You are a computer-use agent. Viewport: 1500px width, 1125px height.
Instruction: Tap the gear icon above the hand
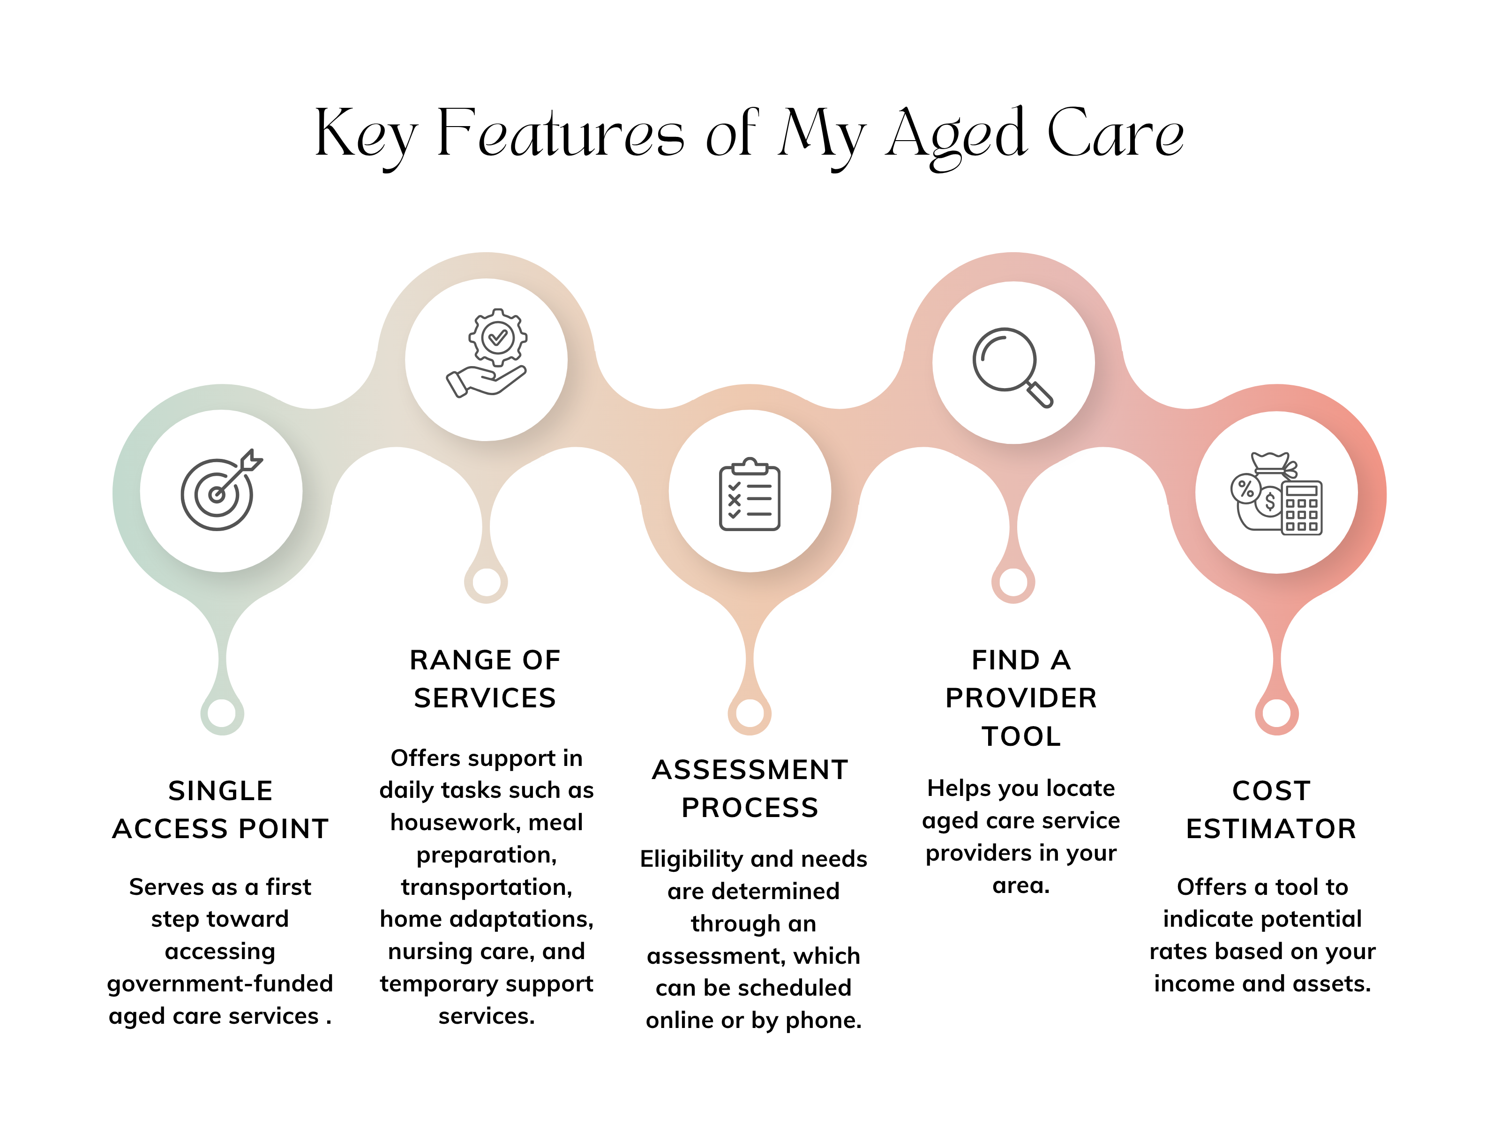[x=498, y=337]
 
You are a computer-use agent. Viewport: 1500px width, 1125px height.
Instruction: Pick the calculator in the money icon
[x=1301, y=508]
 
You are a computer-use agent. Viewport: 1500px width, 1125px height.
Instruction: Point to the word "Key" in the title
[x=366, y=135]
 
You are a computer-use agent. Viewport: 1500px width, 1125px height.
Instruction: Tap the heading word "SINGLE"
[x=220, y=791]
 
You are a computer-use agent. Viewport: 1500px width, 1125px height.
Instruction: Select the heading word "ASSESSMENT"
[x=750, y=770]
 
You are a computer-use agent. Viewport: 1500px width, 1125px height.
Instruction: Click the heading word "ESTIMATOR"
[x=1271, y=829]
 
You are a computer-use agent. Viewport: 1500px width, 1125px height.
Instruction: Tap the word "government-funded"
[x=220, y=984]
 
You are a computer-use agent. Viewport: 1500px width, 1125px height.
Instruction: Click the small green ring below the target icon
[x=222, y=713]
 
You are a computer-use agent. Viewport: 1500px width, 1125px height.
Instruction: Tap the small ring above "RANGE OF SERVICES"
[x=486, y=582]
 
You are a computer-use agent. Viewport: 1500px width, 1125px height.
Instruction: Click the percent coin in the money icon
[x=1246, y=488]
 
